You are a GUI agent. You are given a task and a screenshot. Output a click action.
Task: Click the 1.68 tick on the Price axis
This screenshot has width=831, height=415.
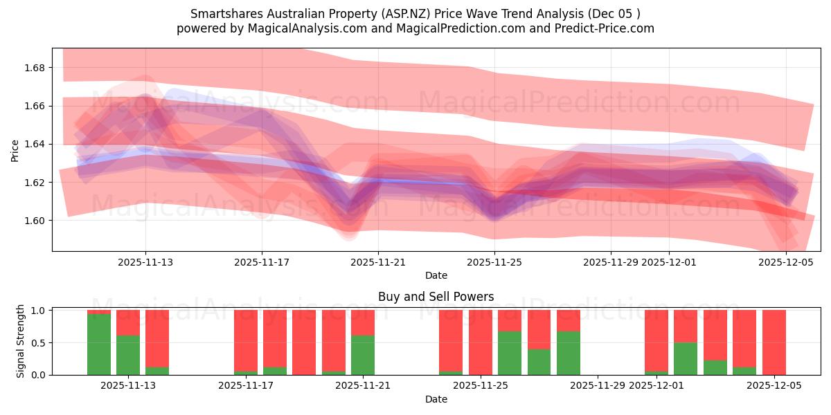(x=35, y=68)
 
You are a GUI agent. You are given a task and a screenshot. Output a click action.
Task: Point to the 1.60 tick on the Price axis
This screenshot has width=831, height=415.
(x=35, y=221)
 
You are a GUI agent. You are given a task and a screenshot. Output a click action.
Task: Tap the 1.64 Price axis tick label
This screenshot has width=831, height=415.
(x=35, y=144)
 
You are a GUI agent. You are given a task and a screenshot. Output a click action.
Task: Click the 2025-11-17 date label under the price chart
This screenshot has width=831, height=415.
(x=261, y=262)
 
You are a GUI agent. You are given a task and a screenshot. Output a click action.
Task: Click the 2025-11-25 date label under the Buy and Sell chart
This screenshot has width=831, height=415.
(x=480, y=386)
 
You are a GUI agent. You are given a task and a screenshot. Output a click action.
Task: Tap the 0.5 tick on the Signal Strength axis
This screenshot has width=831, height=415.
(x=37, y=342)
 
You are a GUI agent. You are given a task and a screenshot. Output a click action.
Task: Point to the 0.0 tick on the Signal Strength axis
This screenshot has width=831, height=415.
(x=37, y=375)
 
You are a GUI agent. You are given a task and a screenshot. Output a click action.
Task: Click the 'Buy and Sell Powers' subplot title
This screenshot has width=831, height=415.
(x=436, y=297)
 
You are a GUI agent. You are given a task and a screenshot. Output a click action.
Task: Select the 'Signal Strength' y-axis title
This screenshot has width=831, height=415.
(x=21, y=341)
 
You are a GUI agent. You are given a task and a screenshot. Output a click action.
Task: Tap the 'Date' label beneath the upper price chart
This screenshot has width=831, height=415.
(x=436, y=275)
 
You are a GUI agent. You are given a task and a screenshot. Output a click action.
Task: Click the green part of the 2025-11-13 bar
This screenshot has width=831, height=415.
(x=128, y=355)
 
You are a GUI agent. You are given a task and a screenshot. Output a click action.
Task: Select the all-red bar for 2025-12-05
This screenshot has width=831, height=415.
(x=774, y=342)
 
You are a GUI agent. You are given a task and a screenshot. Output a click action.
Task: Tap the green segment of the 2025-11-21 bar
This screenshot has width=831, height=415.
(x=363, y=355)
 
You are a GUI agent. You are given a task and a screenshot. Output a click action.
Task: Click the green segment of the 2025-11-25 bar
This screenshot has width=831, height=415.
(x=509, y=353)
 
